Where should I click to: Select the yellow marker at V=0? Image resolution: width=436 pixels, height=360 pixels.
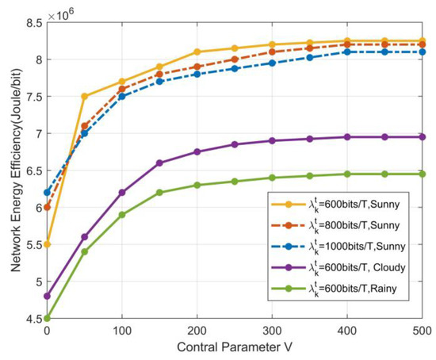47,244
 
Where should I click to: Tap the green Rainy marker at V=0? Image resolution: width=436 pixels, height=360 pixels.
47,318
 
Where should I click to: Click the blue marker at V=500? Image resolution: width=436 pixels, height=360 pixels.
423,52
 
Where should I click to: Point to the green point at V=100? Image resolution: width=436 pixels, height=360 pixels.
122,214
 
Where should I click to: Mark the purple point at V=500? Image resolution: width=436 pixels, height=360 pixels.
423,137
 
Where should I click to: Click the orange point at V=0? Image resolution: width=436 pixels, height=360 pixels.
47,207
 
